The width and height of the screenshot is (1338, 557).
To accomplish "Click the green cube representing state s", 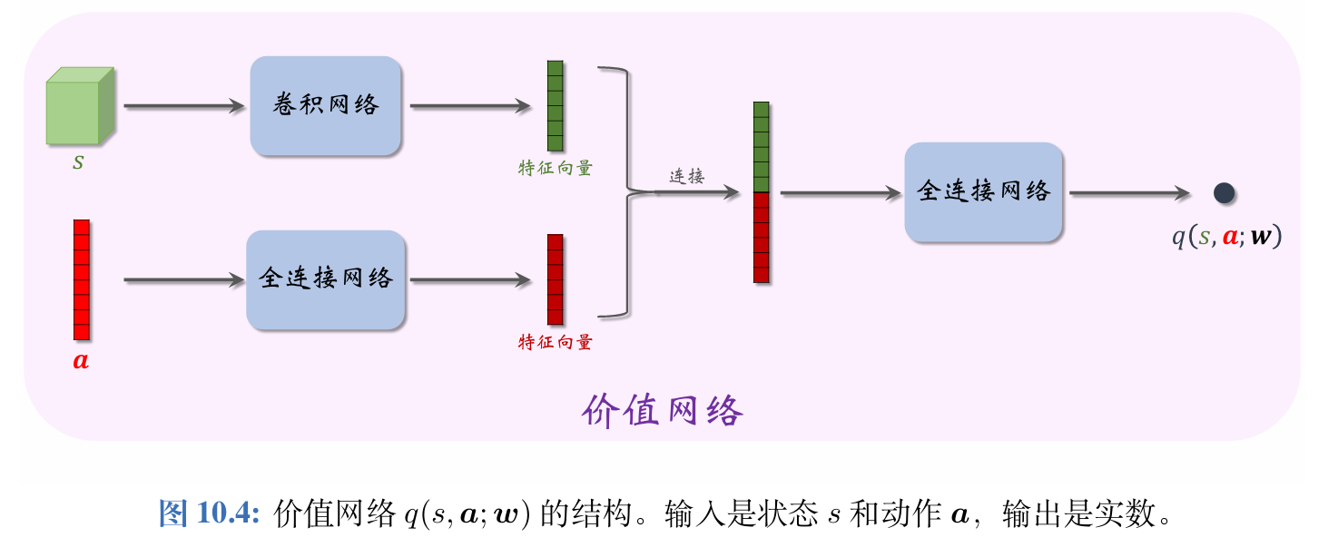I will [x=80, y=106].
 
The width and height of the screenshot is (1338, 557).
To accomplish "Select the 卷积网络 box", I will [x=326, y=105].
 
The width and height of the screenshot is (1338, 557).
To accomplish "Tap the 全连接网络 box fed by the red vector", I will [x=325, y=279].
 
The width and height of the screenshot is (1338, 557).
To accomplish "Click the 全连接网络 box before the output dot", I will [x=983, y=192].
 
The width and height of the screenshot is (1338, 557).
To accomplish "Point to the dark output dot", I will [x=1224, y=192].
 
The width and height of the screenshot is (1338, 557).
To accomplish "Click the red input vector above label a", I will [x=82, y=279].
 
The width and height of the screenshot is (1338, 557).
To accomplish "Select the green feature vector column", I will [x=555, y=105].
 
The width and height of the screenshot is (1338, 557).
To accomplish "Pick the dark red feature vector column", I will [x=555, y=279].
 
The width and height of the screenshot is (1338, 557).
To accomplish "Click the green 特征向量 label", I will [x=555, y=169].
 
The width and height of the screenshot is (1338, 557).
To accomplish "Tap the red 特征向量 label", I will [x=555, y=342].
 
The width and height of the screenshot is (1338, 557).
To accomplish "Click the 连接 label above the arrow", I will [x=687, y=177].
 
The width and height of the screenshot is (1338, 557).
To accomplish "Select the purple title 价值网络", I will [x=662, y=411].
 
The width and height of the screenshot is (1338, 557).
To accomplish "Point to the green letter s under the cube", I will [x=79, y=164].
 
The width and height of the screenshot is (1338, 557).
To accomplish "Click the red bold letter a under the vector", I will [x=81, y=361].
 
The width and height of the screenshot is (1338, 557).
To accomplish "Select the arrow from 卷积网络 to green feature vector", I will [x=469, y=106].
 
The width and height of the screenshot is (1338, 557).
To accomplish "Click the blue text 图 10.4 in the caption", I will [x=210, y=514].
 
